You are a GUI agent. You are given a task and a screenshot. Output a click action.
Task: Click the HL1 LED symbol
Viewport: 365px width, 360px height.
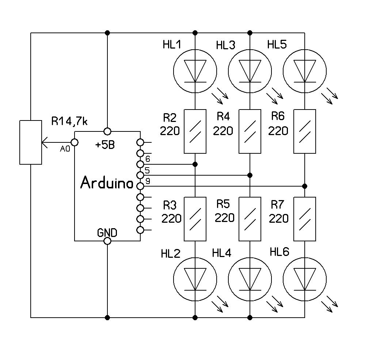195,71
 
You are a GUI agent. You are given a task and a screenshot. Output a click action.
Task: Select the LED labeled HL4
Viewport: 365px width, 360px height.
250,279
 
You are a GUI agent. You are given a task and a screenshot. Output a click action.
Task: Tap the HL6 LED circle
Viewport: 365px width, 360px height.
305,279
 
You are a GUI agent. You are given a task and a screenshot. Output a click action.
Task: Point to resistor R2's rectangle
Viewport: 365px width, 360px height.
195,131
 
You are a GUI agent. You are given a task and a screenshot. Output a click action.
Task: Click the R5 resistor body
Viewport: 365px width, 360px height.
250,219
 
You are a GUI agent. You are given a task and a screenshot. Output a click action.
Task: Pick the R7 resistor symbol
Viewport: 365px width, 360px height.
305,219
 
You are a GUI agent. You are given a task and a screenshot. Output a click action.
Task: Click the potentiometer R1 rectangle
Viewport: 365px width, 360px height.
31,142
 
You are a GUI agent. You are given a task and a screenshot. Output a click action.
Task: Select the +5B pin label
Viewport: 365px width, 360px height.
105,145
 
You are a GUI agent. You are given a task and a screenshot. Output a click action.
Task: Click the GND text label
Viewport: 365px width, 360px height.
107,232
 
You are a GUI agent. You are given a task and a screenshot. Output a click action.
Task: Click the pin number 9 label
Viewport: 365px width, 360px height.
148,181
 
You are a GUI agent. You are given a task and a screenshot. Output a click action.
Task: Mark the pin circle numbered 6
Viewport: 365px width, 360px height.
140,164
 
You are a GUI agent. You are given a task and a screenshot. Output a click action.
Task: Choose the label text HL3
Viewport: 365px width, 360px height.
225,45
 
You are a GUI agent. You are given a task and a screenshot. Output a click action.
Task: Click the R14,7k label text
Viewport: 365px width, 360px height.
69,121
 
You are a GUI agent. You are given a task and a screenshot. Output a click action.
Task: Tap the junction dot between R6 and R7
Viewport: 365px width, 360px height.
305,186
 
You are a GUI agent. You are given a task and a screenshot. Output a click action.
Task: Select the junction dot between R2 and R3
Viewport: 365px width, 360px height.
195,164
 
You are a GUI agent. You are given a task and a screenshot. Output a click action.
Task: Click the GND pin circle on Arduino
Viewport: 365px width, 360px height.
107,241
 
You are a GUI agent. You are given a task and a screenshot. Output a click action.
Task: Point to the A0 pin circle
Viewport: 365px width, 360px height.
75,142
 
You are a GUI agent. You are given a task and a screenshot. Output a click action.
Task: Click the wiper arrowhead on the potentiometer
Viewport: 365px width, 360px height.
45,142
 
